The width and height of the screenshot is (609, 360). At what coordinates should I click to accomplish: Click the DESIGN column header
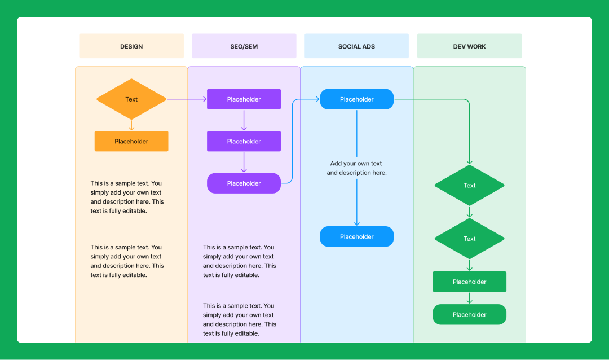point(131,46)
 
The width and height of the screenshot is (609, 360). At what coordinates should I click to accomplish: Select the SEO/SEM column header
point(244,46)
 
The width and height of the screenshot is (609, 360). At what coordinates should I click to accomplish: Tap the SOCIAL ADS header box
point(356,46)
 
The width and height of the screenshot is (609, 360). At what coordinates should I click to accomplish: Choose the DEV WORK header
point(469,46)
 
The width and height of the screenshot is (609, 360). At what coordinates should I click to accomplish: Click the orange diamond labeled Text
point(131,99)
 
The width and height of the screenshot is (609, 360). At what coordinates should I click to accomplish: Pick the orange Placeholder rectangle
point(131,141)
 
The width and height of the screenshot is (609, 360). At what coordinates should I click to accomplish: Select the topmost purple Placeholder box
point(244,99)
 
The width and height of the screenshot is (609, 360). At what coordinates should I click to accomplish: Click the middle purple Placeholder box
point(244,141)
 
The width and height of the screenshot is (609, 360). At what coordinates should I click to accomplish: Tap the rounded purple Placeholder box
point(244,183)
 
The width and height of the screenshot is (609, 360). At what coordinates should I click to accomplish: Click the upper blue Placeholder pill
point(356,99)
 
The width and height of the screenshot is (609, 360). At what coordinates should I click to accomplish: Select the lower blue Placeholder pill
point(356,237)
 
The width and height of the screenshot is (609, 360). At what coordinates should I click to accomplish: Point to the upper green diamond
point(469,185)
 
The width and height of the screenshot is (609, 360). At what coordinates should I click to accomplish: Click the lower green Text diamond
point(469,239)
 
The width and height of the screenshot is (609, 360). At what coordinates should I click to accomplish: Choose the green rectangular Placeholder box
point(469,282)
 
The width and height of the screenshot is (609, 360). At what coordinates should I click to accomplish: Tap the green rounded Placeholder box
point(469,315)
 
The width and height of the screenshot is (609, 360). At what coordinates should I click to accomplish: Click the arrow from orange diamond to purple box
point(186,99)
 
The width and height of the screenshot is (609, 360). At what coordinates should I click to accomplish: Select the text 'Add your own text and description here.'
point(356,168)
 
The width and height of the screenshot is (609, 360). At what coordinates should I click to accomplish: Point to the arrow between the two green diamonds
point(469,212)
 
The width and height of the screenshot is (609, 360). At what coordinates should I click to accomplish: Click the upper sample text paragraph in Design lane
point(127,197)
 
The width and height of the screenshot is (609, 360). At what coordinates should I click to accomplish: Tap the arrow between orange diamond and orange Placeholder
point(131,125)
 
